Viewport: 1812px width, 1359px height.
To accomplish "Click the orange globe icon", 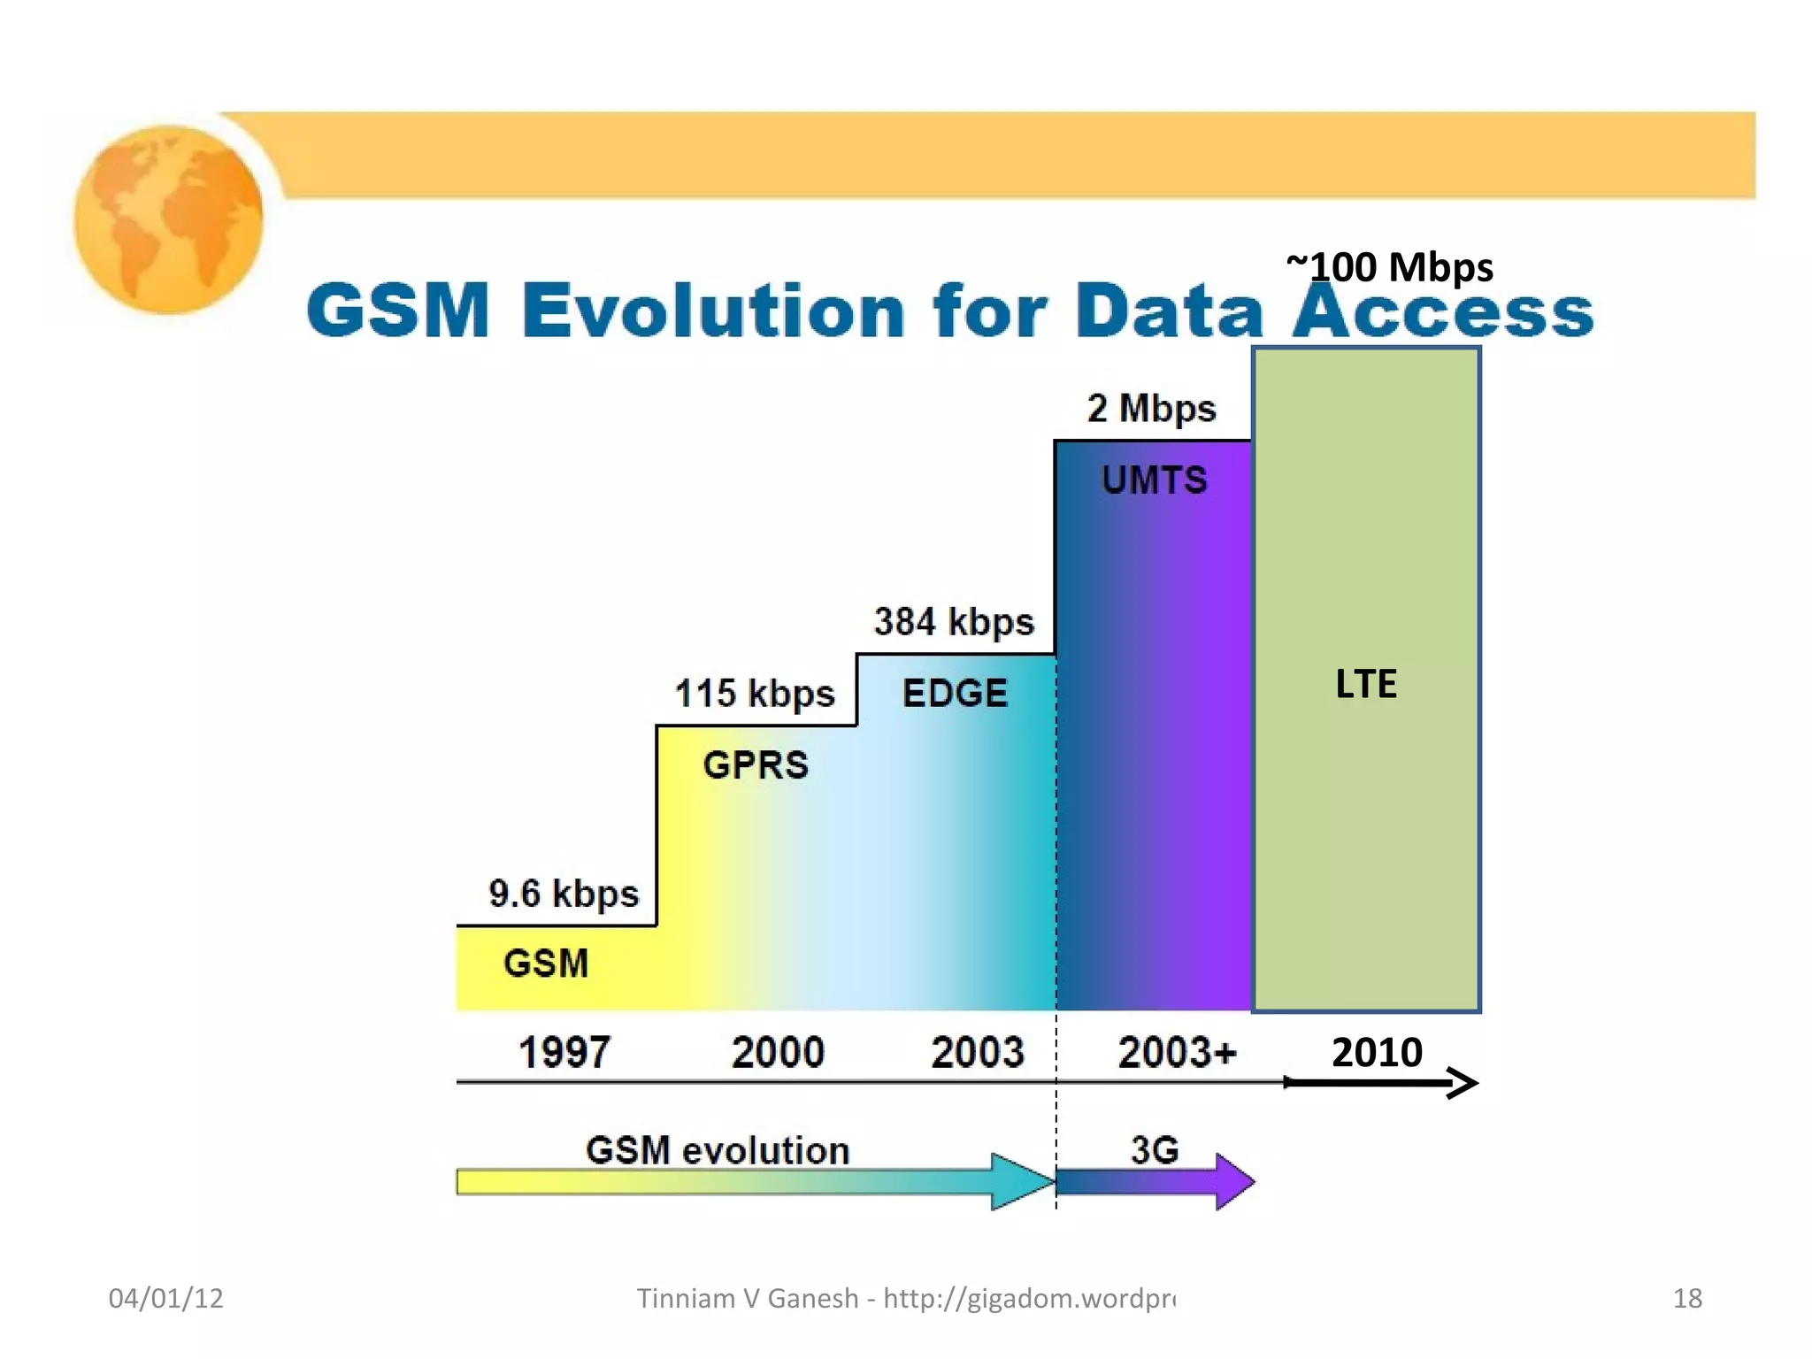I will click(168, 219).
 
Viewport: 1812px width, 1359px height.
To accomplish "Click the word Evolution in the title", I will click(713, 311).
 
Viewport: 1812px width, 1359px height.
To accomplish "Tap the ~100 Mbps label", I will click(1390, 267).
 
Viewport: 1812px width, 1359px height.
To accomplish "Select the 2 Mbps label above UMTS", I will click(1151, 409).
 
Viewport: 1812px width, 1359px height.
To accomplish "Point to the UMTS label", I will click(1154, 480).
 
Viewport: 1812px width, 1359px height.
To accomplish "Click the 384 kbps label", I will click(954, 622).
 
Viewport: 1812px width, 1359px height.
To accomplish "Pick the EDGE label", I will click(955, 693).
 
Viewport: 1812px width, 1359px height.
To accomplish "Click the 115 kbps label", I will click(755, 694).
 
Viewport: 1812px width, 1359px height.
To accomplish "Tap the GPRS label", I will click(756, 765).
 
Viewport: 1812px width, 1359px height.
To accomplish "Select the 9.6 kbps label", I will click(564, 894).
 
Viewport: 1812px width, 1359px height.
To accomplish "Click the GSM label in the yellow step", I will click(546, 964).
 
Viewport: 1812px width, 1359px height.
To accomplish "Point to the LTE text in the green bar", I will click(1366, 684).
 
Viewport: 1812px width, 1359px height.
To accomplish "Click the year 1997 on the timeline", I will click(564, 1053).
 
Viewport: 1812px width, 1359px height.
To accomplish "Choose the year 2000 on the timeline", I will click(778, 1053).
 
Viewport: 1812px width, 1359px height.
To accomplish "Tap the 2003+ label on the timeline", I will click(1177, 1053).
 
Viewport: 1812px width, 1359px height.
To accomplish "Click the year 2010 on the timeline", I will click(1377, 1053).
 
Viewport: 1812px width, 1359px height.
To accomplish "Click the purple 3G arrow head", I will click(1235, 1181).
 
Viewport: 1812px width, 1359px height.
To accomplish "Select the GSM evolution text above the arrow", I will click(718, 1150).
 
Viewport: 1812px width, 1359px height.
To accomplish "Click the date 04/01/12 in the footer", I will click(165, 1298).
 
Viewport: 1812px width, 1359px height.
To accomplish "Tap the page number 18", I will click(1687, 1298).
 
